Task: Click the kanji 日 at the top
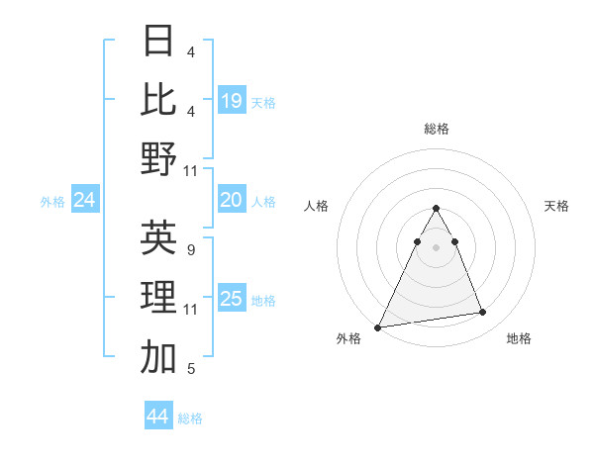[158, 41]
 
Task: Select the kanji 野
[158, 158]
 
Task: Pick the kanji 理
[158, 297]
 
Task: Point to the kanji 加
[158, 357]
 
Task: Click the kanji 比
[158, 99]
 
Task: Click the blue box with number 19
[232, 100]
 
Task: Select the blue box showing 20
[232, 200]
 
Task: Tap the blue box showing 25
[232, 299]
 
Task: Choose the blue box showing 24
[85, 201]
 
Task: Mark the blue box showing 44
[158, 417]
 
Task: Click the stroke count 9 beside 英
[190, 249]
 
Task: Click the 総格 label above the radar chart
[436, 129]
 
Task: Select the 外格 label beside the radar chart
[348, 338]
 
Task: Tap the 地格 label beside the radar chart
[519, 338]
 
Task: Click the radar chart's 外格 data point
[378, 326]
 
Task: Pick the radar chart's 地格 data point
[483, 313]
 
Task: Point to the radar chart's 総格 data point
[436, 209]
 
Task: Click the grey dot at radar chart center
[436, 247]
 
